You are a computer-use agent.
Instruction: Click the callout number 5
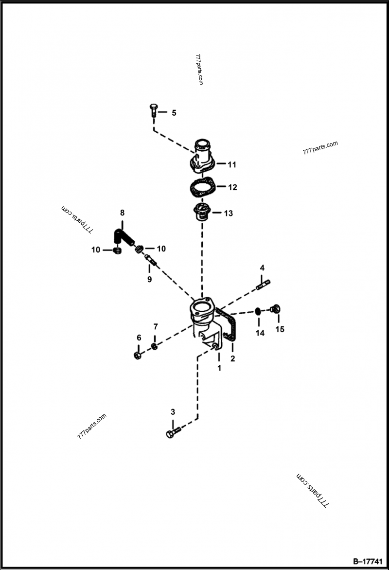174,113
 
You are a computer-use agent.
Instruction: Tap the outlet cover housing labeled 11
201,156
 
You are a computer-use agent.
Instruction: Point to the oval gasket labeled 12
200,187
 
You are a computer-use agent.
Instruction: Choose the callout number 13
228,214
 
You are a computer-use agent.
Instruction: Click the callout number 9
149,279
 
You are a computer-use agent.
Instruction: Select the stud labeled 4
263,285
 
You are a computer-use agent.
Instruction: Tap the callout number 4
262,268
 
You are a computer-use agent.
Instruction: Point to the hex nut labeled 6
137,355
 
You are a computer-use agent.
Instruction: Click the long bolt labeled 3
173,431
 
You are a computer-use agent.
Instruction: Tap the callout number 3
173,412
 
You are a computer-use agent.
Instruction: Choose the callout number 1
219,368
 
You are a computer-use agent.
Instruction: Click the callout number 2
232,359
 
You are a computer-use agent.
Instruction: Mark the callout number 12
232,187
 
